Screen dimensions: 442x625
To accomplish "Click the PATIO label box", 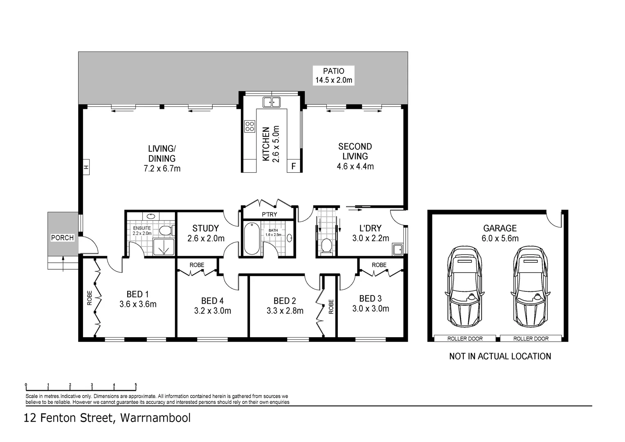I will (333, 75).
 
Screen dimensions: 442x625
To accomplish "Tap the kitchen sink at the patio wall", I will (271, 101).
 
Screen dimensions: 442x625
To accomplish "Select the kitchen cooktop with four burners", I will (250, 126).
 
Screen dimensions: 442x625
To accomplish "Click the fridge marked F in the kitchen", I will (293, 167).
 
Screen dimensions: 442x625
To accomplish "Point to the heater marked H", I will (86, 167).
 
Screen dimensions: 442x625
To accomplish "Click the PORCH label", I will (62, 238).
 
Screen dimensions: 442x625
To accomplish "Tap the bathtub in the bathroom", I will (251, 239).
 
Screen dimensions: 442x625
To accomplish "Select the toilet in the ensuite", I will (166, 231).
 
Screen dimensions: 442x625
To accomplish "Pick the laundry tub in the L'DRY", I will (397, 249).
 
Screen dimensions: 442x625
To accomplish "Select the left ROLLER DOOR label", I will (465, 338).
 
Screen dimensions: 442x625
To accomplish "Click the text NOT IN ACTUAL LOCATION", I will (500, 356).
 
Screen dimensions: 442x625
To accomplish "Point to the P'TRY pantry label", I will (269, 214).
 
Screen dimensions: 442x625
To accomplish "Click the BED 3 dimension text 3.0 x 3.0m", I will (371, 309).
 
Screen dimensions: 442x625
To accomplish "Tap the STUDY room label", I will (205, 228).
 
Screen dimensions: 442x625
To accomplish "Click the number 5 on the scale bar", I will (136, 385).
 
